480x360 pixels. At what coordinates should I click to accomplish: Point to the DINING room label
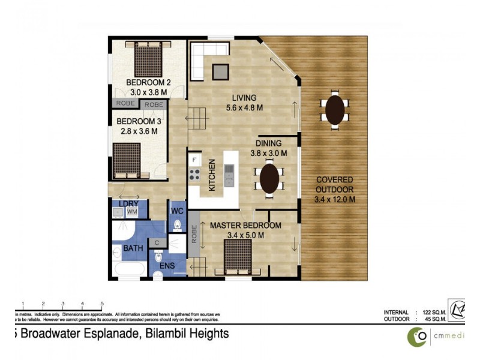coord(268,144)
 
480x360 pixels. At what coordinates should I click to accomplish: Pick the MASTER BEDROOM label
coord(245,226)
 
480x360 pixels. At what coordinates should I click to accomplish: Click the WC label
coord(177,211)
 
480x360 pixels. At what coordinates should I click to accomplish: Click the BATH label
coord(133,248)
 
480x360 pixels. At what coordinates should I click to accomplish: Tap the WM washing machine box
coord(132,213)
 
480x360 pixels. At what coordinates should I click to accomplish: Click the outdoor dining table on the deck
coord(335,110)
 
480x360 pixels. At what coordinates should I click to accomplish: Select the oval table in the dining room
coord(269,178)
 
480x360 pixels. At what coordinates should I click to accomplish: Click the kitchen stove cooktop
coord(195,175)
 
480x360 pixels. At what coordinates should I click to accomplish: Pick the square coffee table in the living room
coord(220,71)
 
